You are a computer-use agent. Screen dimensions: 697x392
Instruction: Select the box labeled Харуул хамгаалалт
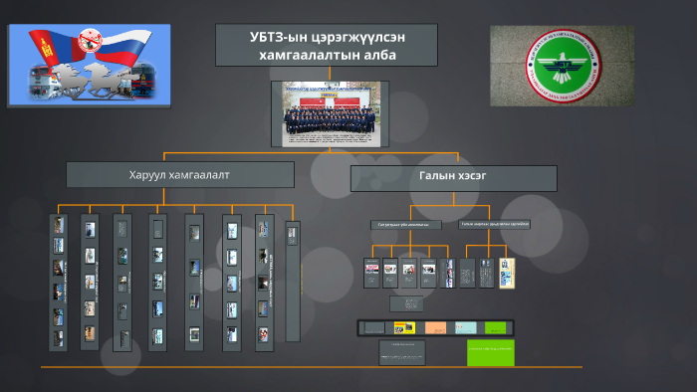179,175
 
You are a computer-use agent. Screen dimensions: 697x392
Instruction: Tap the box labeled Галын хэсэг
453,178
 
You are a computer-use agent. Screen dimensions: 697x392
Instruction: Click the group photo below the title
326,114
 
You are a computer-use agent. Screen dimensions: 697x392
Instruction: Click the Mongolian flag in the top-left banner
40,50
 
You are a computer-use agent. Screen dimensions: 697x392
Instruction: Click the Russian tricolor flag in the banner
139,50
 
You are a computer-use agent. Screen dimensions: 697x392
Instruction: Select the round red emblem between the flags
92,42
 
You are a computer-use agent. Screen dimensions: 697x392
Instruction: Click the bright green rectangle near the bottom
491,352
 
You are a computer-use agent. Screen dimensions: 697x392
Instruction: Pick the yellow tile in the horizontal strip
405,327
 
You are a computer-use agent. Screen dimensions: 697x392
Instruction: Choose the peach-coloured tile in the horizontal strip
435,327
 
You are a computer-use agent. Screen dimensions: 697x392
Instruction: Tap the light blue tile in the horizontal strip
465,327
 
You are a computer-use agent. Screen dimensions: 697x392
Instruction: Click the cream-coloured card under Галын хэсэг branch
507,273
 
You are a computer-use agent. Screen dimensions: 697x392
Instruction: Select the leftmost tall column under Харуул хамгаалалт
59,282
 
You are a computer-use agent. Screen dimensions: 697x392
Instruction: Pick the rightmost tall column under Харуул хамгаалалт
292,282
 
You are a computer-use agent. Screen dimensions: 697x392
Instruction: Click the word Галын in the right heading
430,178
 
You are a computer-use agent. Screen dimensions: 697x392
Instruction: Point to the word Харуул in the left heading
148,175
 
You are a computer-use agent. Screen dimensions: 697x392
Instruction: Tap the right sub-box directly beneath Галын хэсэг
494,224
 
